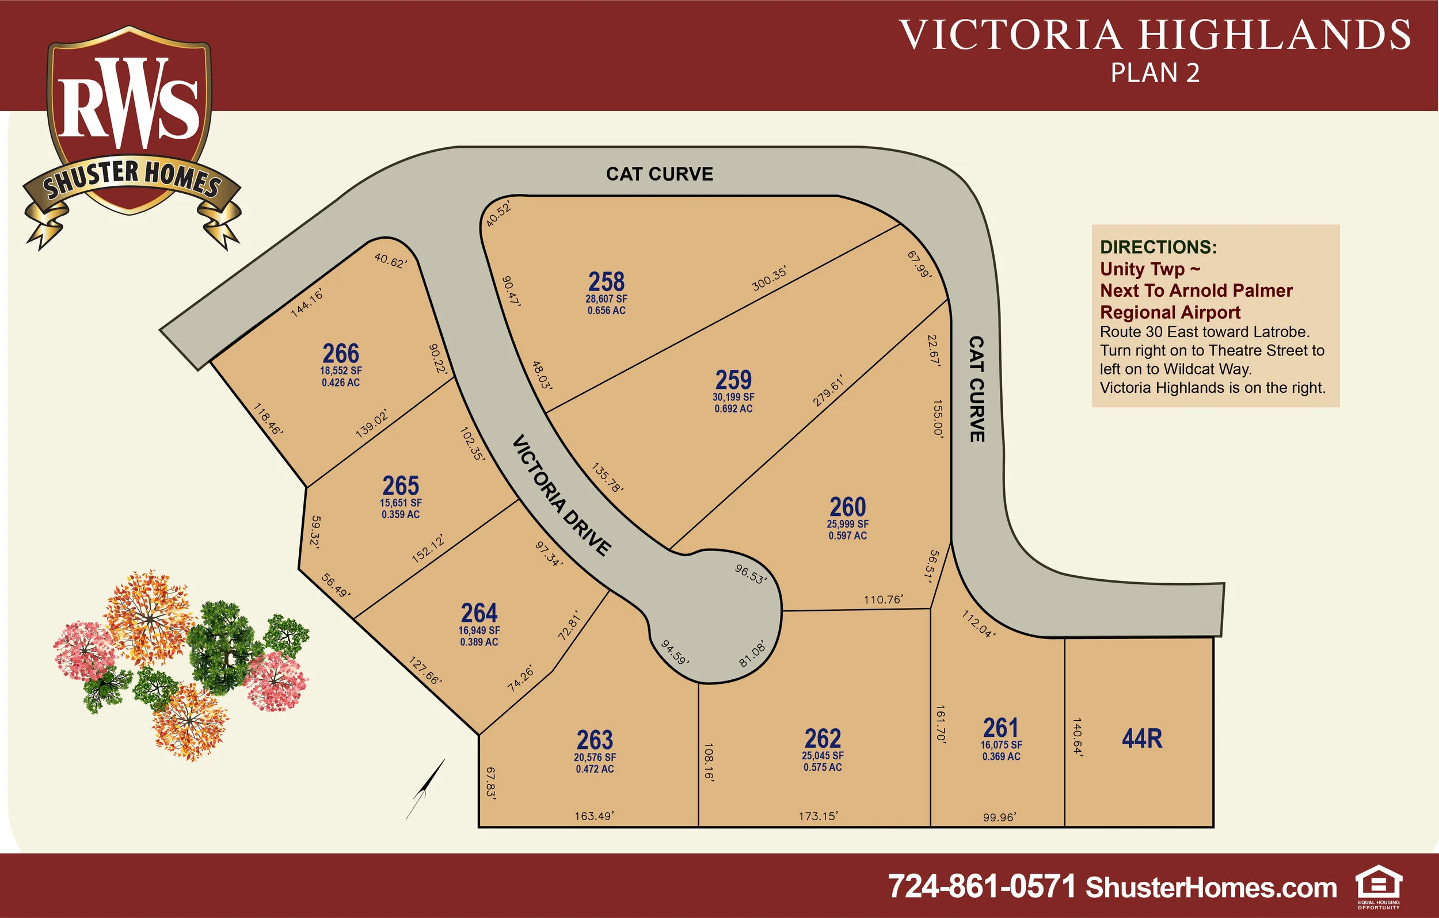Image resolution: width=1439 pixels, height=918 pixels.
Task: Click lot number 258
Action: [606, 281]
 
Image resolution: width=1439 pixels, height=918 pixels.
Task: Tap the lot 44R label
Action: [1142, 738]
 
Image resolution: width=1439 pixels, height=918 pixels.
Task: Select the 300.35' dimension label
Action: [769, 280]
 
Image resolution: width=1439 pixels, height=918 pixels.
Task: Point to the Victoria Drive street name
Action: [562, 495]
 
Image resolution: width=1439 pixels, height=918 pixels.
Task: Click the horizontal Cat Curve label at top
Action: [659, 174]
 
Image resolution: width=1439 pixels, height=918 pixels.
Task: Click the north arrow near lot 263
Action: [425, 789]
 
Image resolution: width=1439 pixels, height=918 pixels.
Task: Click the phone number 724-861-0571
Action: [981, 886]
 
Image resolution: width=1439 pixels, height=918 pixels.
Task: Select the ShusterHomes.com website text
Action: [1210, 888]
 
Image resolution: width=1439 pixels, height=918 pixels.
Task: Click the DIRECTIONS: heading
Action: [1158, 247]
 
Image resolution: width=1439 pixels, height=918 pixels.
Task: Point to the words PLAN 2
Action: [1155, 73]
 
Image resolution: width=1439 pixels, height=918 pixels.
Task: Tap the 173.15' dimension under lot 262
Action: [818, 816]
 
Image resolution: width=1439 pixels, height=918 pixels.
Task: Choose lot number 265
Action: [401, 485]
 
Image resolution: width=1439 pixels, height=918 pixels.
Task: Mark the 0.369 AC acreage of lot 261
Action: [1001, 756]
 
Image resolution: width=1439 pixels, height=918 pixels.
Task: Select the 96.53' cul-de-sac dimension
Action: [751, 574]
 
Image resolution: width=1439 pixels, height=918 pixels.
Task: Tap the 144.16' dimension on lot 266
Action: [307, 303]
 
